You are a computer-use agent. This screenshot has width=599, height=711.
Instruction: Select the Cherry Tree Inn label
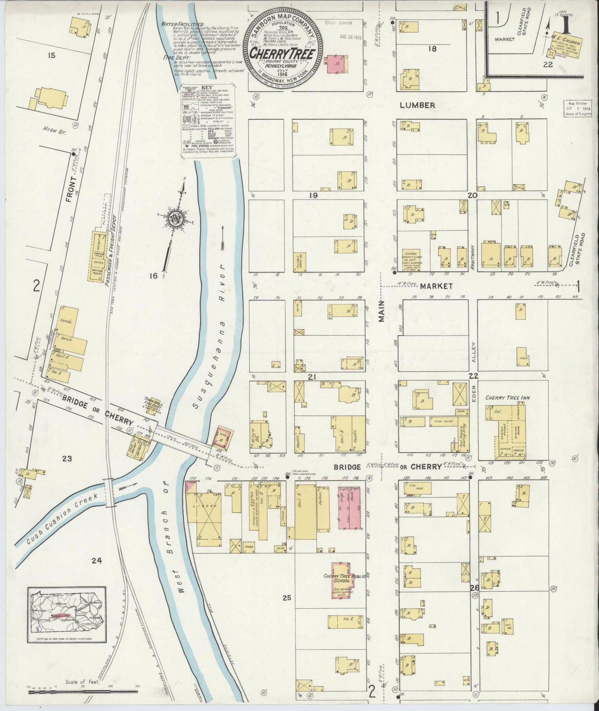(507, 398)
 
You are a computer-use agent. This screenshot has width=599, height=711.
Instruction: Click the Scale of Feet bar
(83, 692)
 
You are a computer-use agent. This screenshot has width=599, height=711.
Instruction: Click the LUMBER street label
(417, 105)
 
